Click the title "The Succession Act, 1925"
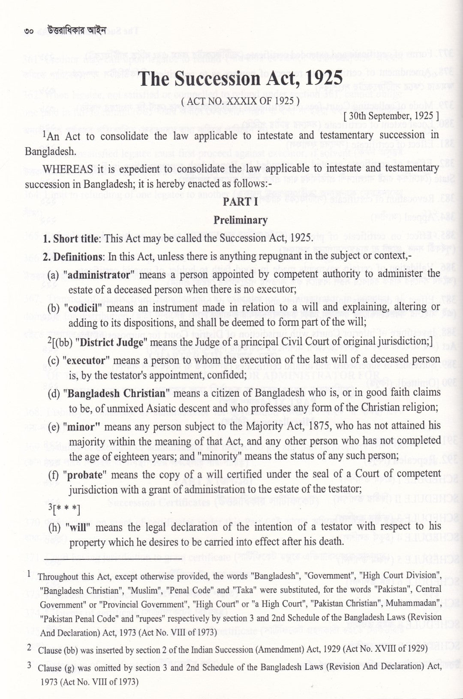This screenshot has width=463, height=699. (241, 79)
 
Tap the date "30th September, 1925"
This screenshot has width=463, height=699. (391, 116)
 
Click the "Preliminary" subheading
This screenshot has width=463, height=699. (241, 220)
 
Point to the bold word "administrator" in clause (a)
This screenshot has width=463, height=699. (96, 274)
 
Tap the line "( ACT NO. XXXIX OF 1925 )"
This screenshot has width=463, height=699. (240, 102)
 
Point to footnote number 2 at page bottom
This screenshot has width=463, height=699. (29, 648)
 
